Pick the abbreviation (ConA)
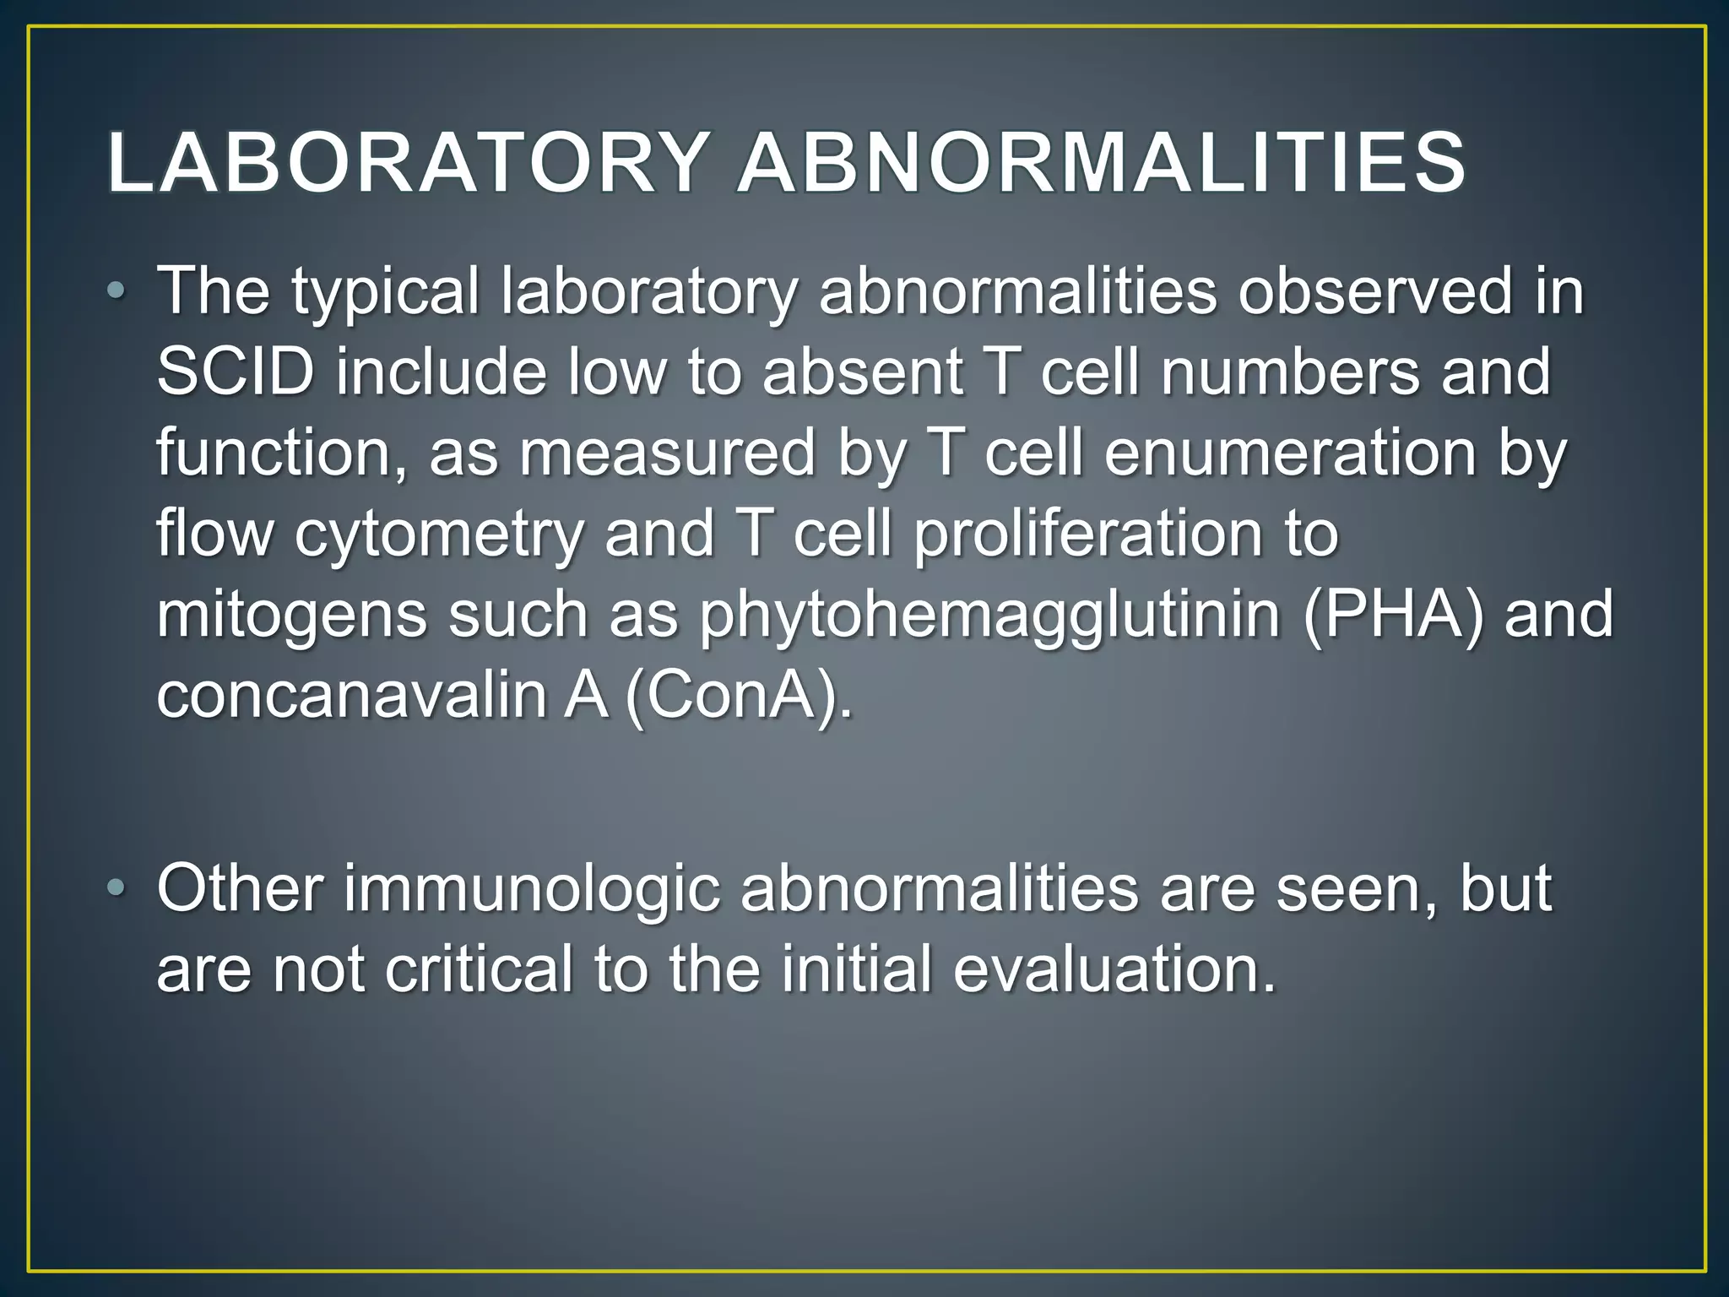click(739, 696)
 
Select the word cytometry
click(439, 535)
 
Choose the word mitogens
click(292, 616)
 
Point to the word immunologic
click(531, 890)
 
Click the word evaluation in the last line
click(1114, 969)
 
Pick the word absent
click(862, 372)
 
